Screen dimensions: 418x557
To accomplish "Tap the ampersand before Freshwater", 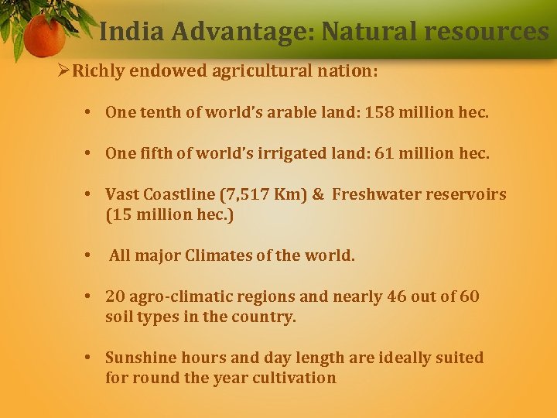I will coord(318,194).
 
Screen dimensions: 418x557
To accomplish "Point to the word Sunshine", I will coord(140,358).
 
